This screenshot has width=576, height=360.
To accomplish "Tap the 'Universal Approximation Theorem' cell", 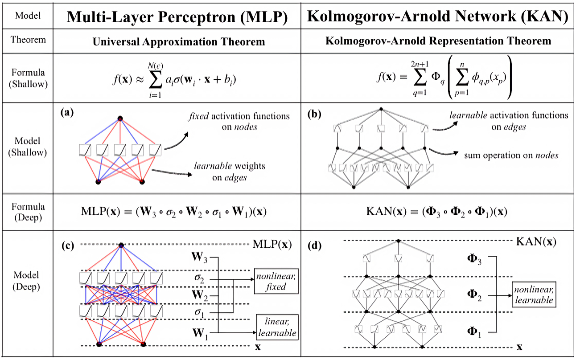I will pyautogui.click(x=179, y=41).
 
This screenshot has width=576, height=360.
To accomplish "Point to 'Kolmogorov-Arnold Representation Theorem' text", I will pyautogui.click(x=438, y=41).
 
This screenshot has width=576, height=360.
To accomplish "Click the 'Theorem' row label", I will pyautogui.click(x=28, y=40).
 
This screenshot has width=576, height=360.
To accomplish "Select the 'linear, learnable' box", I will pyautogui.click(x=277, y=326).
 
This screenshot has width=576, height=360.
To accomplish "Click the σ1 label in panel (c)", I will pyautogui.click(x=198, y=313).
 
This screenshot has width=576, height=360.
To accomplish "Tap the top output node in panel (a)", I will pyautogui.click(x=120, y=119).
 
